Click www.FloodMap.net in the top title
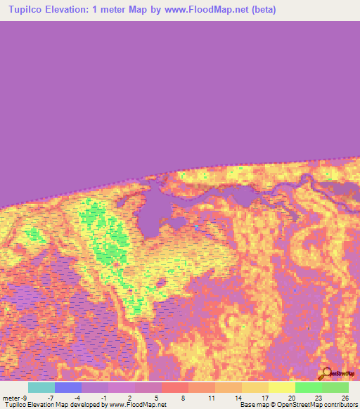click(200, 10)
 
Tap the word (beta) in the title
click(261, 10)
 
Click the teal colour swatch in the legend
click(41, 387)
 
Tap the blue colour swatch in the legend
click(67, 387)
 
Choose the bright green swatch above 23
click(308, 387)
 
